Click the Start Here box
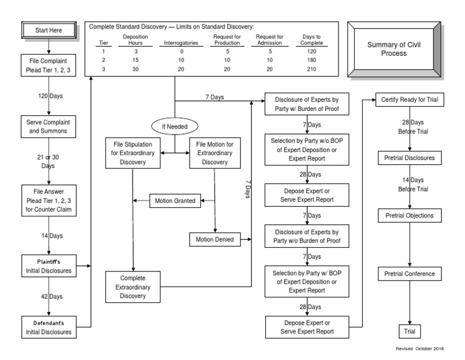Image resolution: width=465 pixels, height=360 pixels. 48,30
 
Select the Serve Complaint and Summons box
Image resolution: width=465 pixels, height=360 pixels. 48,126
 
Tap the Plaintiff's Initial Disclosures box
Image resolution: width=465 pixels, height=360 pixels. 48,265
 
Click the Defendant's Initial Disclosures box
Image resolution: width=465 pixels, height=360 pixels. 48,327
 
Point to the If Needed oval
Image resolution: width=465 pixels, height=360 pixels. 175,126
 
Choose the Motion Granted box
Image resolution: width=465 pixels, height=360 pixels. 175,201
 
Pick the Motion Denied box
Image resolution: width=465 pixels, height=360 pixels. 214,239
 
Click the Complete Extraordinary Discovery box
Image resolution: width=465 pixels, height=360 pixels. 132,287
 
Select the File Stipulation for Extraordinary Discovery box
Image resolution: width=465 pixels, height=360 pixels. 132,153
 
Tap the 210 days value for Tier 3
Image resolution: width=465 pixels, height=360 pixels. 312,69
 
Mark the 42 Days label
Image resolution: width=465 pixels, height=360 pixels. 48,297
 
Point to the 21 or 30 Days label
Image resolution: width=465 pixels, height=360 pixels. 48,161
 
